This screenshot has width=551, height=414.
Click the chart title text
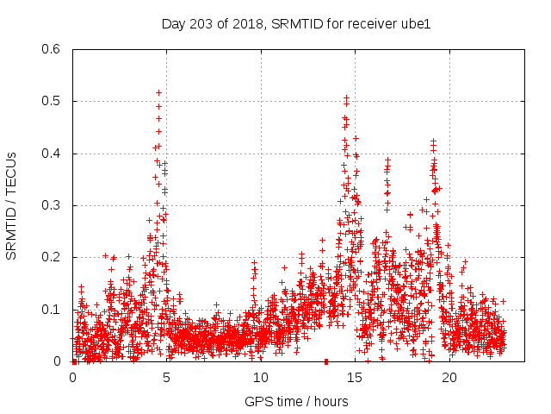[295, 23]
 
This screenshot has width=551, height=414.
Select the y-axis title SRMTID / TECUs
[11, 205]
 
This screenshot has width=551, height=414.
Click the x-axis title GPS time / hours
[295, 401]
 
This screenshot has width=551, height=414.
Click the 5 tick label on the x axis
[167, 378]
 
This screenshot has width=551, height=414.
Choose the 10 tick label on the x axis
[261, 378]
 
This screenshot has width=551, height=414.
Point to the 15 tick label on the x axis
[356, 378]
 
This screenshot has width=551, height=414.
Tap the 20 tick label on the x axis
[449, 378]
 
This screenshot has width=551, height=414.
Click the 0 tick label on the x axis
[72, 378]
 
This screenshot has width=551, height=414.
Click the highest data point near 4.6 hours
[159, 92]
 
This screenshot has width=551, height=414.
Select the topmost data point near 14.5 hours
[346, 98]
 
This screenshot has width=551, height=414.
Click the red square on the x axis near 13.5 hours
[326, 361]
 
